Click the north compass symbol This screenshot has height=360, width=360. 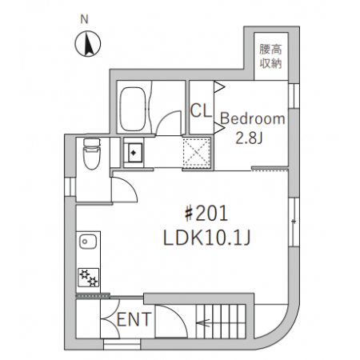pos(88,44)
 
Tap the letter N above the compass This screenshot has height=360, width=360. pos(84,19)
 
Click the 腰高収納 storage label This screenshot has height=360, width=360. pos(270,57)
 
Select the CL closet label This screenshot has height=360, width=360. pos(201,110)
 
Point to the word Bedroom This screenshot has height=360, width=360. pos(253,118)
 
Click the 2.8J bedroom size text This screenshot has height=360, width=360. pos(249,138)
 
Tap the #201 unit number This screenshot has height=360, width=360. pos(206,214)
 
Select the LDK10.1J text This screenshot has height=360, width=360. pos(206,238)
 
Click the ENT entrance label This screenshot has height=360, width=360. pos(134,319)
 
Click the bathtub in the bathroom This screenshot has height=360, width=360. pos(133,108)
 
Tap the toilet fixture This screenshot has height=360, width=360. pos(91,154)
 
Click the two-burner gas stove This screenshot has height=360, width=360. pos(89,278)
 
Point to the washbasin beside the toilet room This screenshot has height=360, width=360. pos(134,153)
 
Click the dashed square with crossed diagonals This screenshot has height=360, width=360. pos(197,153)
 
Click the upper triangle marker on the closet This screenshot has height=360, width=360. pos(220,86)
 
